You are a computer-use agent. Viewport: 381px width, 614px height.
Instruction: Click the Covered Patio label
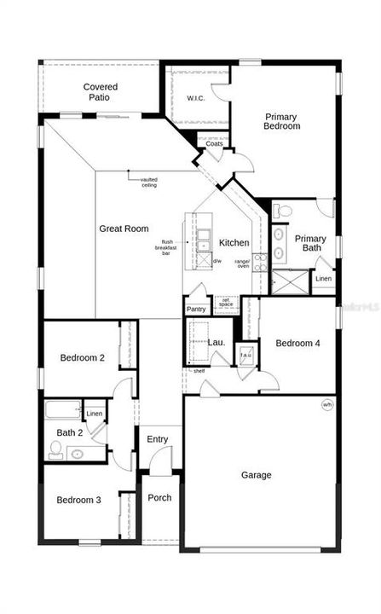[x=101, y=92]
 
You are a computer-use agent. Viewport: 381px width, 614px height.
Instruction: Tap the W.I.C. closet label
[x=197, y=99]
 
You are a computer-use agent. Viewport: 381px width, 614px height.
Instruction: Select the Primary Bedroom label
[x=282, y=121]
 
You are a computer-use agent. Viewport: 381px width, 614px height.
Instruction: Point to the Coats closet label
[x=214, y=143]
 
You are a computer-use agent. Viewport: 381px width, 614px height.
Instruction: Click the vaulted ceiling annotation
[x=149, y=182]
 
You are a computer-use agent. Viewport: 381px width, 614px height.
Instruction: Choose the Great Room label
[x=124, y=229]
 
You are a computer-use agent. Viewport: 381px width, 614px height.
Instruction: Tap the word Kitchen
[x=234, y=243]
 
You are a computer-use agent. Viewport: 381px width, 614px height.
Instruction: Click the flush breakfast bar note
[x=167, y=248]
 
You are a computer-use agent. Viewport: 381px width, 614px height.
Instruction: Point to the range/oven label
[x=242, y=263]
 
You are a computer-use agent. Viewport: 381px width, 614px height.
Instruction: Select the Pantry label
[x=196, y=309]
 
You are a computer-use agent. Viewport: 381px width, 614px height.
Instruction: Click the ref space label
[x=226, y=302]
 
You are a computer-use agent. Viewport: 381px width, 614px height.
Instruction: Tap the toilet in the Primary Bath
[x=285, y=210]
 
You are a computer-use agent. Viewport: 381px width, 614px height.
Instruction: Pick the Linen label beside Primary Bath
[x=323, y=279]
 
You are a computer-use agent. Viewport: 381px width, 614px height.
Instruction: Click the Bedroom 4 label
[x=297, y=344]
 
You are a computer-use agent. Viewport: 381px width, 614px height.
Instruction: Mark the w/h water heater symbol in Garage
[x=326, y=404]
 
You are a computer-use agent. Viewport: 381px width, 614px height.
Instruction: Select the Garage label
[x=256, y=475]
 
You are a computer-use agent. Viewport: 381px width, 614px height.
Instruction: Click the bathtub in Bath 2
[x=62, y=410]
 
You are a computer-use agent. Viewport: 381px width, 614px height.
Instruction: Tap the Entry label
[x=158, y=439]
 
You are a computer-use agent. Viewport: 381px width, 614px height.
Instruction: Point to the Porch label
[x=159, y=498]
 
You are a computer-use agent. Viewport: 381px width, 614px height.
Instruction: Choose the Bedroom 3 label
[x=79, y=500]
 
